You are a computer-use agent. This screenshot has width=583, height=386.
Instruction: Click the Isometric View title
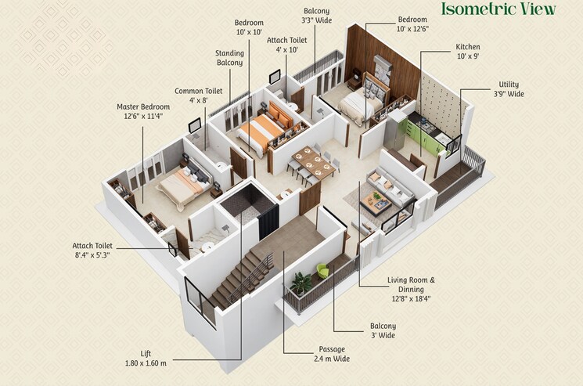click(x=498, y=10)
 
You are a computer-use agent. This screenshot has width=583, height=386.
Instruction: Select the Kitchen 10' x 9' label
click(x=468, y=52)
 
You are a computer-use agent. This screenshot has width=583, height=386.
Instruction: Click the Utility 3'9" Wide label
click(x=508, y=89)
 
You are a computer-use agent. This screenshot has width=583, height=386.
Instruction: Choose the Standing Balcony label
click(x=229, y=58)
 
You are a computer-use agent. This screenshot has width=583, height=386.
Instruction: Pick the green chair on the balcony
click(x=323, y=272)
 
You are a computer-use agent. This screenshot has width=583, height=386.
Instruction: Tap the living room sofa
click(x=395, y=189)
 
